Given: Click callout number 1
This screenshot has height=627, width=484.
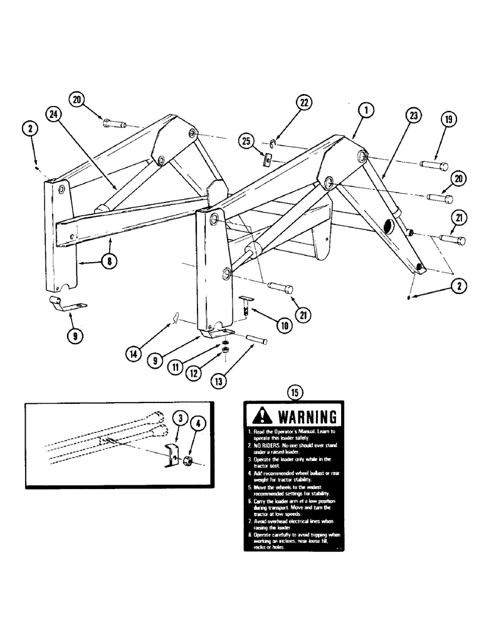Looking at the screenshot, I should [367, 112].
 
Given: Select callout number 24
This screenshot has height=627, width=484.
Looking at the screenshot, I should [54, 115].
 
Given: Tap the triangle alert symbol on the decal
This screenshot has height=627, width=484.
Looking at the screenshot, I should [263, 415].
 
